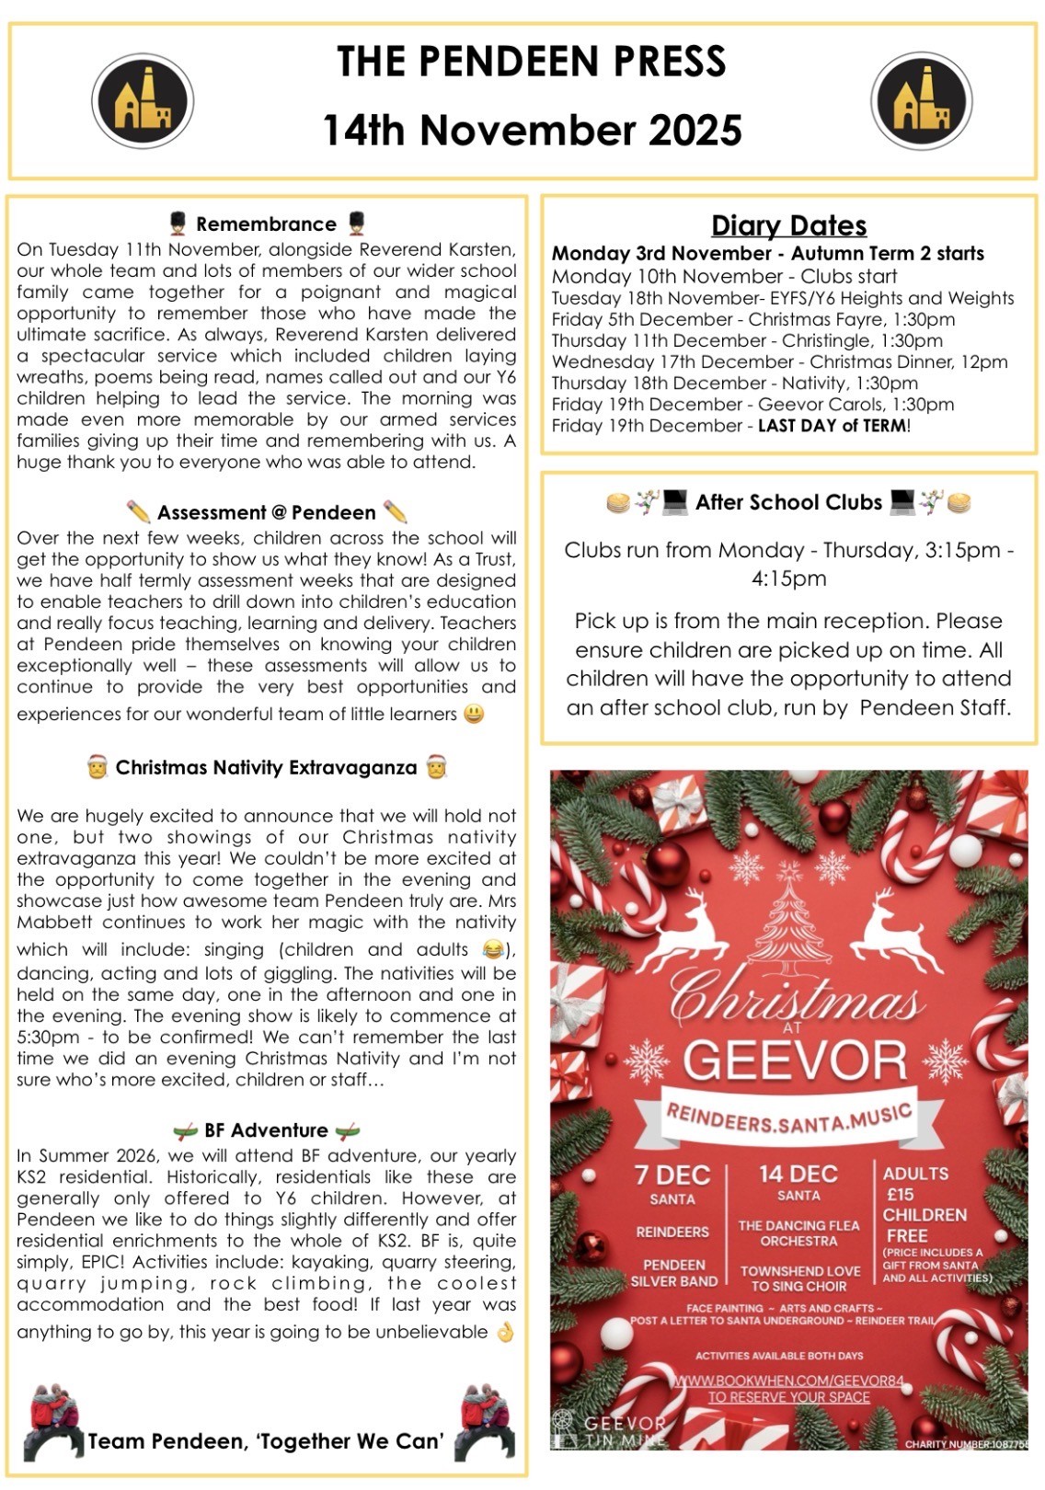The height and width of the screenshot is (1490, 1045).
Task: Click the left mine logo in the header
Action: [143, 101]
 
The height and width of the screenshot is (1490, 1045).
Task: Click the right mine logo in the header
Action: [921, 101]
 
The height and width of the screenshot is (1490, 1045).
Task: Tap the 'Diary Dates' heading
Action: [788, 225]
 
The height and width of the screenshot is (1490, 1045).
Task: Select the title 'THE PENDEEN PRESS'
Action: [531, 62]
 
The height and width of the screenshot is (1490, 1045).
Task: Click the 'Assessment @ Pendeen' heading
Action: [267, 512]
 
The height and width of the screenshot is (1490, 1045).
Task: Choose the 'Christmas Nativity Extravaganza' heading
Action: [266, 768]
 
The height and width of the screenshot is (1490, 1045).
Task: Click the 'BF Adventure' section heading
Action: [266, 1130]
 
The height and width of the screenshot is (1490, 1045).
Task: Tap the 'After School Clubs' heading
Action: [788, 502]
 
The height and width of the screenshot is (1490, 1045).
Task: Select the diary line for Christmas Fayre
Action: [752, 319]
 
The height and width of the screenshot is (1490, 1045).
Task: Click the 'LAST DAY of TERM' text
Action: [833, 426]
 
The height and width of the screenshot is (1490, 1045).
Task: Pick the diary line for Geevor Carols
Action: [752, 405]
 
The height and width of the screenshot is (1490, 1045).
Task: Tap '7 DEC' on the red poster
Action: [672, 1175]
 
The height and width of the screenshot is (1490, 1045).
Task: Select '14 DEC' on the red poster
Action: [798, 1174]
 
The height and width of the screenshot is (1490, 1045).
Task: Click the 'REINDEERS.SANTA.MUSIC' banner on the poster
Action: [788, 1120]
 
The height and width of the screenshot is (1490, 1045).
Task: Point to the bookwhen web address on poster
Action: [788, 1381]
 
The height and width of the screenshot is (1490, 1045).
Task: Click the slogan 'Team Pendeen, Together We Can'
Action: [266, 1441]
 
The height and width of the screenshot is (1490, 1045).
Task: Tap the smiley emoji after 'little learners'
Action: [474, 714]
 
